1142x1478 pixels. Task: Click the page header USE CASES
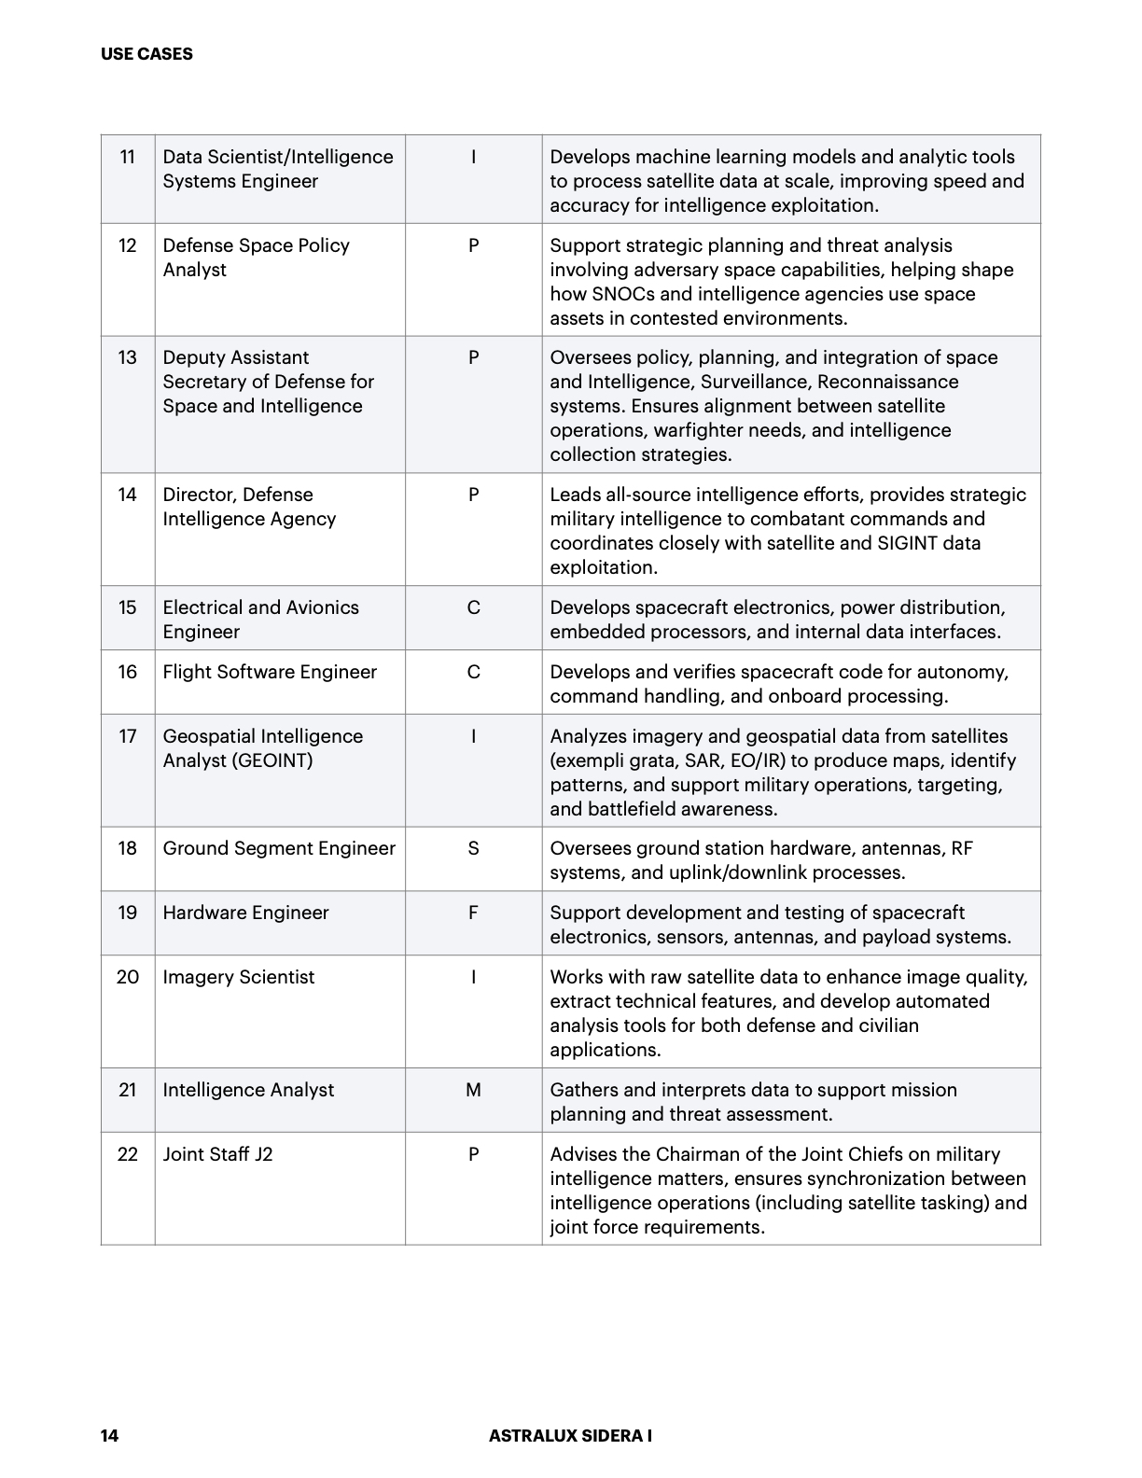[146, 54]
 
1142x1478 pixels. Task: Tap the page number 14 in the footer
[110, 1435]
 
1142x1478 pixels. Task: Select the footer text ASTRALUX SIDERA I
[570, 1435]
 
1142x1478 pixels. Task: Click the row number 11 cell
[128, 157]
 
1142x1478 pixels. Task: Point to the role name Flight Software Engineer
[270, 672]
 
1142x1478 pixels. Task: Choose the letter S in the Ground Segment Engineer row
[473, 848]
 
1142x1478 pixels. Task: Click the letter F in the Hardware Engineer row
[473, 913]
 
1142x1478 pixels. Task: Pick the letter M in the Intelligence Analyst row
[473, 1090]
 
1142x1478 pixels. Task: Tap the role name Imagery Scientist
[239, 977]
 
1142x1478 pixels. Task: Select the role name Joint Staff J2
[217, 1154]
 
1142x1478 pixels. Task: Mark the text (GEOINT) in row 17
[270, 760]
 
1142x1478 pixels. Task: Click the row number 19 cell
[128, 913]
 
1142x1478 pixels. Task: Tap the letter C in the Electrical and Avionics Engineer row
[473, 607]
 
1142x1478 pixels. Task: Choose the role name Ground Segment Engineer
[279, 848]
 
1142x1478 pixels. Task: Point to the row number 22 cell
[128, 1154]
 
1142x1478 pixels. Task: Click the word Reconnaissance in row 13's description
[887, 382]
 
